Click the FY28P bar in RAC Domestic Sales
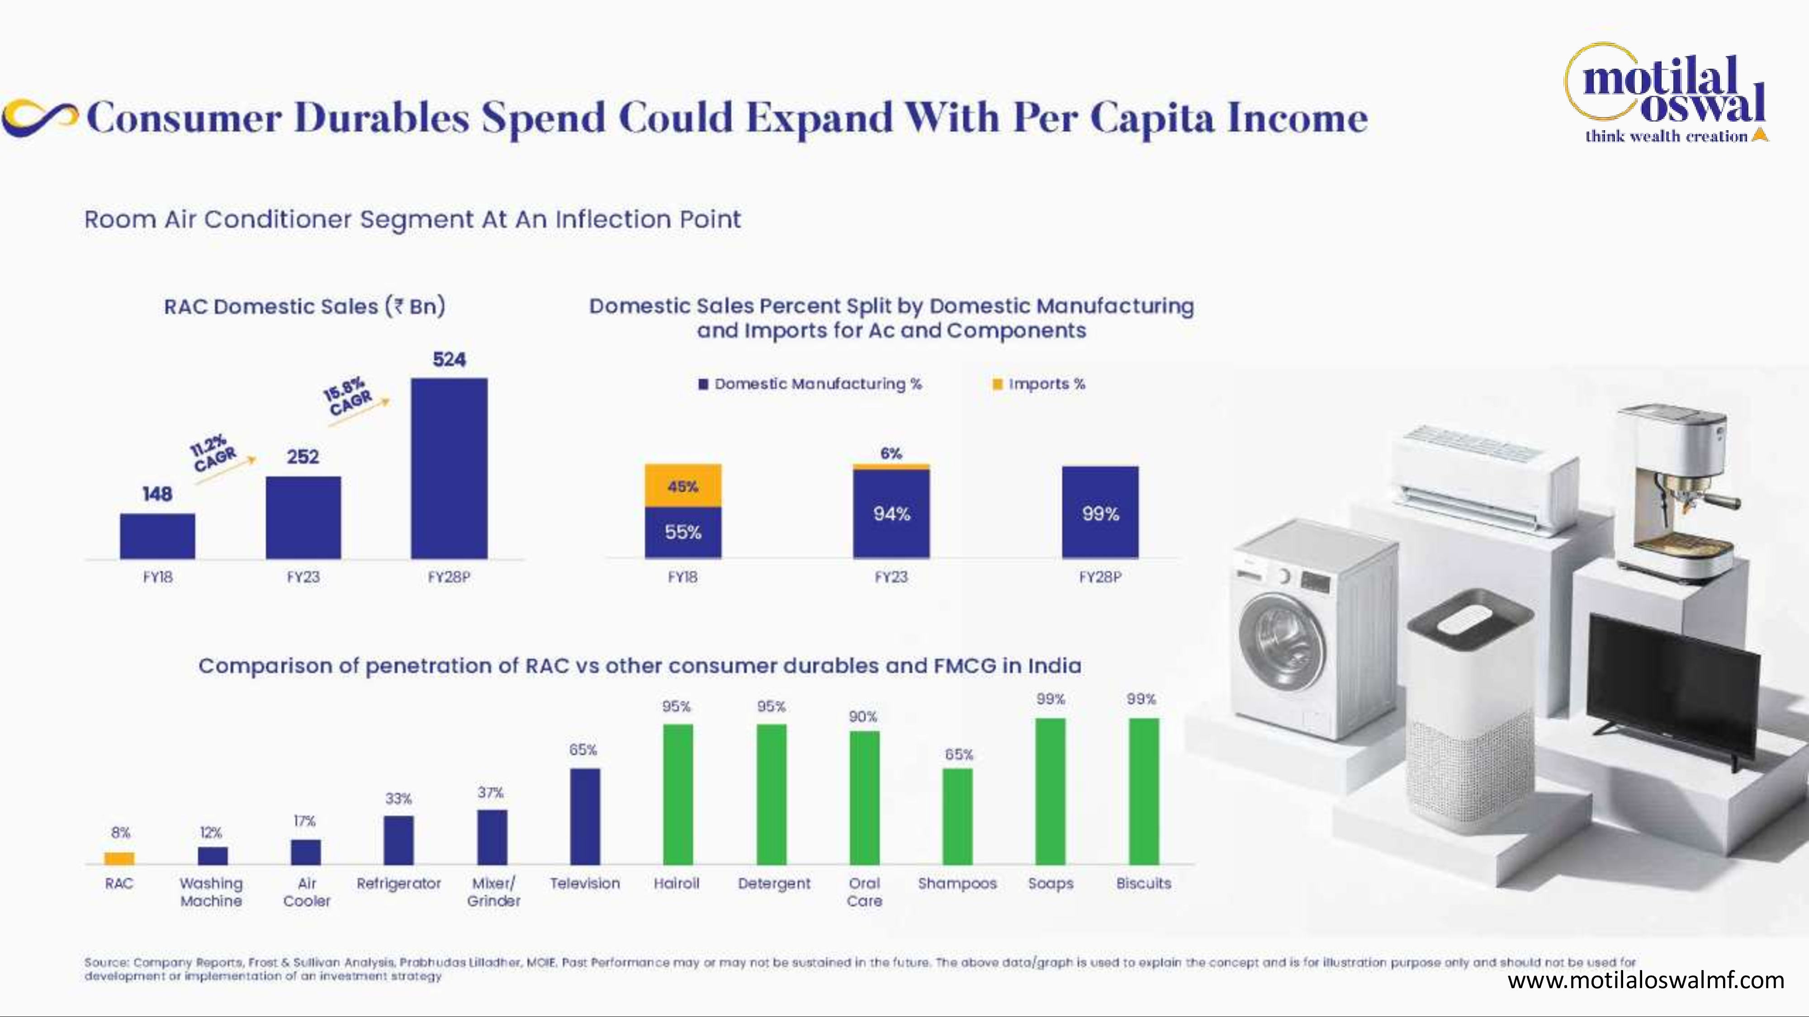click(x=449, y=468)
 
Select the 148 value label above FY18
click(x=157, y=494)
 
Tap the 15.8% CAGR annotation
click(x=347, y=395)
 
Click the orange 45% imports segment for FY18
click(x=682, y=486)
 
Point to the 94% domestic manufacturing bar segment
click(x=891, y=514)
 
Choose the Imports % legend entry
click(x=1039, y=384)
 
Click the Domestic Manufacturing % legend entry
click(x=810, y=384)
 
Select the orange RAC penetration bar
click(x=119, y=858)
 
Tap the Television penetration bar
click(x=585, y=816)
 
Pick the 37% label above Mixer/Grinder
click(x=491, y=792)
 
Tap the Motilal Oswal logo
click(x=1666, y=94)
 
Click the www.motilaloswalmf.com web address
click(x=1645, y=980)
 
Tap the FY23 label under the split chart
click(x=891, y=577)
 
